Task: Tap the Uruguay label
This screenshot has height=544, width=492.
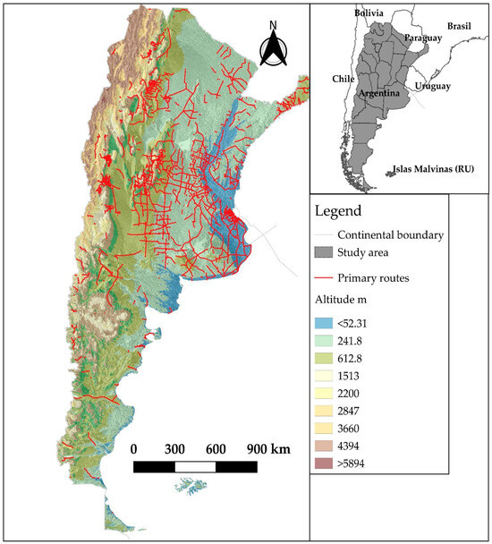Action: (x=431, y=86)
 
